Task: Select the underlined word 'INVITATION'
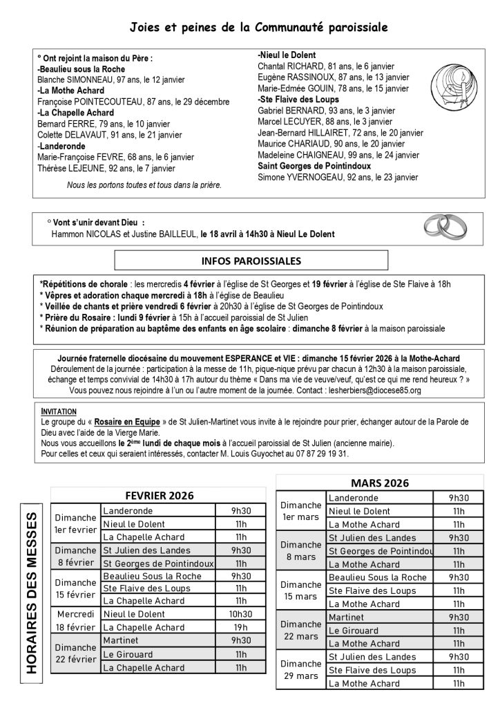click(58, 410)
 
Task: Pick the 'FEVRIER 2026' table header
click(159, 495)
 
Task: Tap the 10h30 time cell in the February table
click(240, 613)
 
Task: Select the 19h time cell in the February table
click(240, 626)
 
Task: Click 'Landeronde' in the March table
click(354, 498)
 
